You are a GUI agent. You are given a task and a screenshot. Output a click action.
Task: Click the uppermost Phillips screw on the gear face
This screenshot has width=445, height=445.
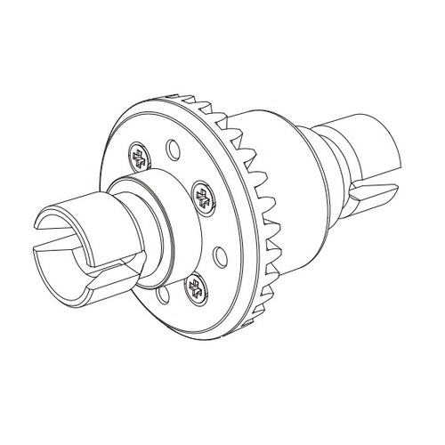(x=139, y=158)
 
